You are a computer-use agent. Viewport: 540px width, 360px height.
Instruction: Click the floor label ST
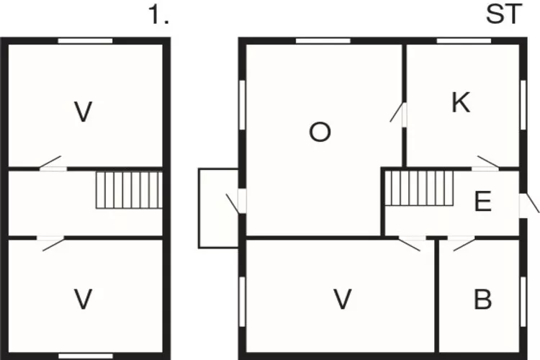click(504, 14)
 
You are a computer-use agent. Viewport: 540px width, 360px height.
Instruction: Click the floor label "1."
click(158, 15)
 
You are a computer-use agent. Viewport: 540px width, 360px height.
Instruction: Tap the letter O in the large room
click(320, 132)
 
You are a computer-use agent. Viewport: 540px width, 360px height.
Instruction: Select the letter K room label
click(461, 102)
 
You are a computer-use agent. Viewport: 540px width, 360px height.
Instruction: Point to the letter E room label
click(483, 201)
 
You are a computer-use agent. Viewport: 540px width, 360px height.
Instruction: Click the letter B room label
click(483, 299)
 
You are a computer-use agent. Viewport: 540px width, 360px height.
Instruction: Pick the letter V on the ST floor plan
click(343, 299)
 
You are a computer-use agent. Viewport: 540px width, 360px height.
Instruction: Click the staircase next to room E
click(419, 189)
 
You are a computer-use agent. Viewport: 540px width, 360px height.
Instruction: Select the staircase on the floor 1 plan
click(129, 190)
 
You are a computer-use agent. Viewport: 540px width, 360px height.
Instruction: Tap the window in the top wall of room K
click(464, 41)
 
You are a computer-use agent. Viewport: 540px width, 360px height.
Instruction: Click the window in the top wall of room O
click(323, 41)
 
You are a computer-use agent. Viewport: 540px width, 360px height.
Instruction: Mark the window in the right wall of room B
click(523, 302)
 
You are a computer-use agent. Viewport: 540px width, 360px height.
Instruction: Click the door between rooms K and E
click(486, 163)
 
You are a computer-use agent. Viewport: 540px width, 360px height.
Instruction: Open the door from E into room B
click(463, 243)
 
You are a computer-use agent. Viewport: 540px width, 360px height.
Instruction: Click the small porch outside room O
click(218, 208)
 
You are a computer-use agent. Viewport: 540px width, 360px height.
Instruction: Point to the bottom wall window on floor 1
click(86, 356)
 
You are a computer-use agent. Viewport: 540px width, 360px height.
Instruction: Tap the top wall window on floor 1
click(85, 41)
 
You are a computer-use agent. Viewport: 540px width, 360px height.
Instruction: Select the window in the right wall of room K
click(523, 104)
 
